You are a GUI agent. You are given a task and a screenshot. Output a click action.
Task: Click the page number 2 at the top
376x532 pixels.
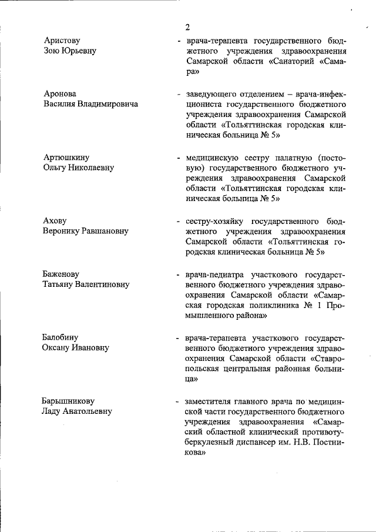(x=187, y=27)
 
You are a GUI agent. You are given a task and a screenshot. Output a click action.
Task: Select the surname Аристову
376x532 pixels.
(x=62, y=40)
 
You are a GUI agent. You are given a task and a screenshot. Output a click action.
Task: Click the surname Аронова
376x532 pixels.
(x=60, y=93)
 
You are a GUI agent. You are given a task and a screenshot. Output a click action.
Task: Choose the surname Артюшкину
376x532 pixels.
(x=66, y=157)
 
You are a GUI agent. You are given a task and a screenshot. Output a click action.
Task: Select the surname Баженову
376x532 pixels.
(x=61, y=275)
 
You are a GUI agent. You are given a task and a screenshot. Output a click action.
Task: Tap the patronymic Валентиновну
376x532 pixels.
(x=99, y=285)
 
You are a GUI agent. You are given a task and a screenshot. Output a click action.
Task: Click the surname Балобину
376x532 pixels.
(x=61, y=338)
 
